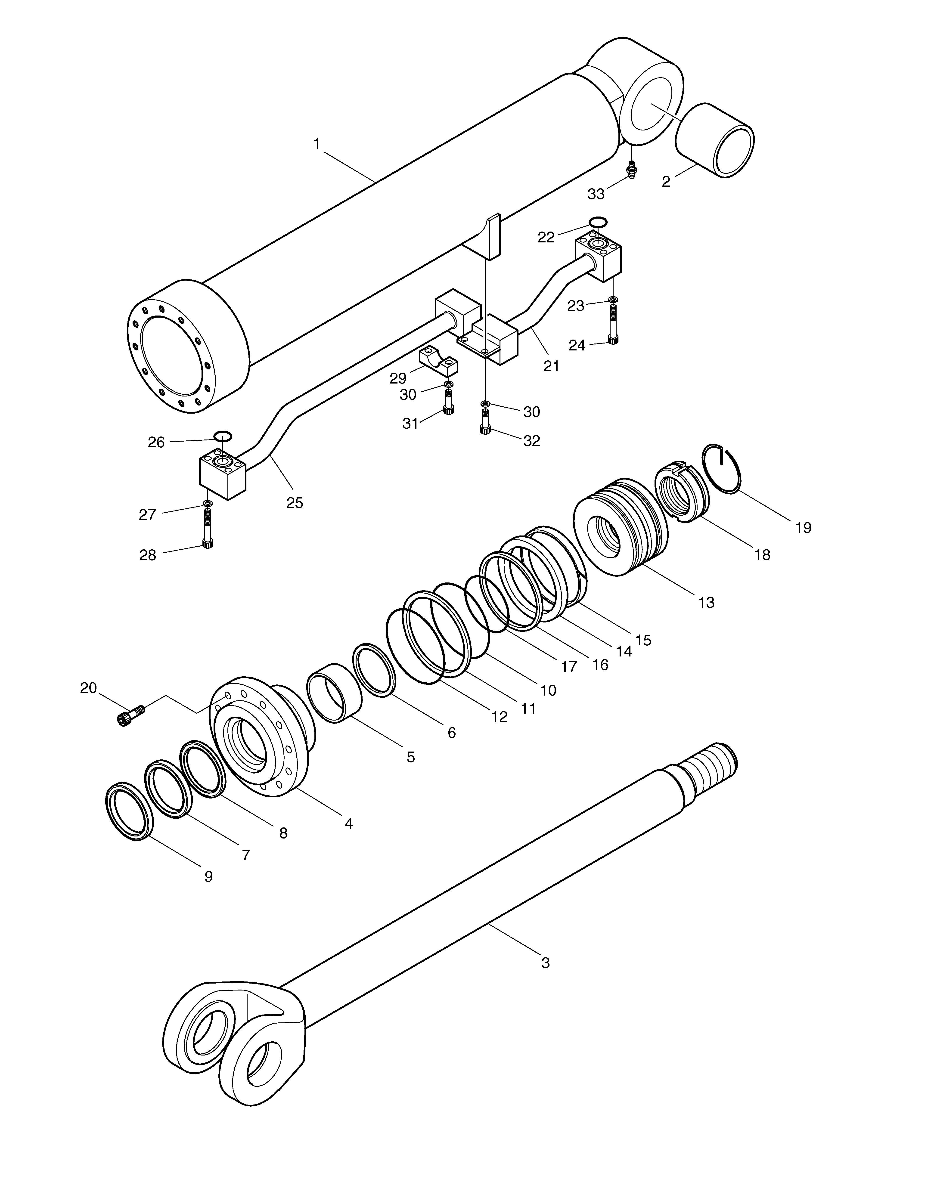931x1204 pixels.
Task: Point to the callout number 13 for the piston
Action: click(x=707, y=603)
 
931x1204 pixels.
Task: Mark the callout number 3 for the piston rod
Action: click(x=546, y=963)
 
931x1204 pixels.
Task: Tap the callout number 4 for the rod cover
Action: click(x=349, y=839)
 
